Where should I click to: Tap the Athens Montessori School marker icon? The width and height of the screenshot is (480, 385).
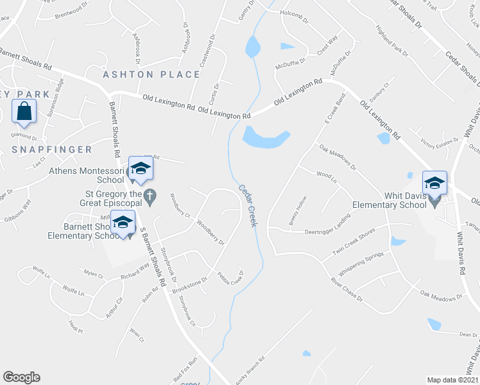[x=140, y=168]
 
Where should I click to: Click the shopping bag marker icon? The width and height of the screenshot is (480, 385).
[x=24, y=111]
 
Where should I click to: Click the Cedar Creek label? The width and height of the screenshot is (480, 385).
[x=248, y=206]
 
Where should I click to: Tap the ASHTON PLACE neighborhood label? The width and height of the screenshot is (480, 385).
[x=152, y=74]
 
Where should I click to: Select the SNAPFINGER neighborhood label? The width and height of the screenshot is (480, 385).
[x=52, y=150]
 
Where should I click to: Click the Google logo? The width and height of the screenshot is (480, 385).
[x=21, y=377]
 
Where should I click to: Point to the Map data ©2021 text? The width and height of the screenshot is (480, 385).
[x=452, y=380]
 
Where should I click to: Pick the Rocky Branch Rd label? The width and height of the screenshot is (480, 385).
[x=250, y=371]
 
